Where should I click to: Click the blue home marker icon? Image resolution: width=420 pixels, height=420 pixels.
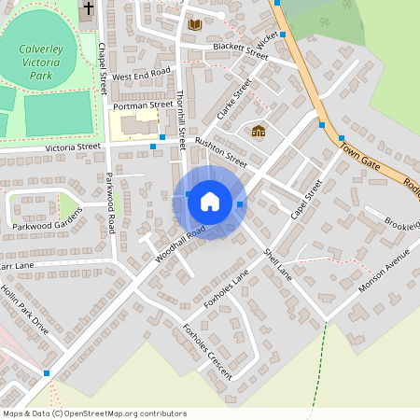(x=210, y=201)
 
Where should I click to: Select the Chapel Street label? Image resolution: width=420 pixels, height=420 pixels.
(x=101, y=74)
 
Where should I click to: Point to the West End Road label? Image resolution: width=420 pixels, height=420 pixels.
(x=141, y=74)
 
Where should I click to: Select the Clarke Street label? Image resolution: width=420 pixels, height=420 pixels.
(x=235, y=103)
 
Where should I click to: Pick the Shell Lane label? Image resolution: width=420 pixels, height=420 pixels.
(x=277, y=267)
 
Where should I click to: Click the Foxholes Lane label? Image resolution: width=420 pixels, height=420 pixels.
(x=227, y=289)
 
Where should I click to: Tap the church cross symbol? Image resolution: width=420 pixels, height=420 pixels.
(x=88, y=8)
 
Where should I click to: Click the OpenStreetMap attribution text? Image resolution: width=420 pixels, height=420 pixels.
(x=93, y=413)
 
